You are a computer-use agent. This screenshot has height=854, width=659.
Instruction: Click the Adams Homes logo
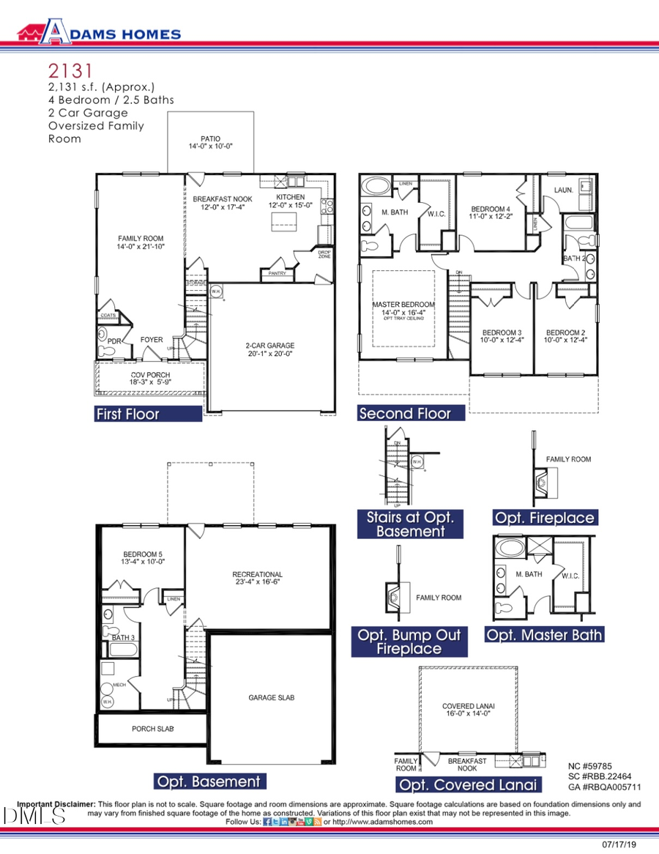[x=100, y=32]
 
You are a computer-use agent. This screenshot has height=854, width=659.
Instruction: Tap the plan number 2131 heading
[x=70, y=71]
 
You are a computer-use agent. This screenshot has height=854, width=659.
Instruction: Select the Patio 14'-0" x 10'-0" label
[x=210, y=142]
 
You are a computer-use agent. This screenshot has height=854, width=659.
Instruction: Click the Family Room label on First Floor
[x=141, y=242]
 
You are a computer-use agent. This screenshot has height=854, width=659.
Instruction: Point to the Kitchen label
[x=290, y=201]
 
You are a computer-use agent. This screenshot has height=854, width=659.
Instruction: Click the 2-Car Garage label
[x=269, y=350]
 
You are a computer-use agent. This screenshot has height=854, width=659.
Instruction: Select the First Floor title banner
[x=148, y=414]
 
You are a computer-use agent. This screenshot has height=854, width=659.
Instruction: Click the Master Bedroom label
[x=403, y=308]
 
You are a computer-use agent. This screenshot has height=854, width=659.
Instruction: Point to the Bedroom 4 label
[x=490, y=212]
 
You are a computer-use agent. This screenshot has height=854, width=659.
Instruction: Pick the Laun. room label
[x=563, y=190]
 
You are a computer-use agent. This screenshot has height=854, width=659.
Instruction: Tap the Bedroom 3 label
[x=500, y=335]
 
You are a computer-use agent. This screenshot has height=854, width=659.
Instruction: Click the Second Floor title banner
[x=412, y=413]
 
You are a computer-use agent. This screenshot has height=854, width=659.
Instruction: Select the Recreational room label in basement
[x=257, y=578]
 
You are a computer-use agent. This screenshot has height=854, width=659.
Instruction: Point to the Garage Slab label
[x=271, y=697]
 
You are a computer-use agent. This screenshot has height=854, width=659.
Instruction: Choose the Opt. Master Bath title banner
[x=545, y=634]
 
